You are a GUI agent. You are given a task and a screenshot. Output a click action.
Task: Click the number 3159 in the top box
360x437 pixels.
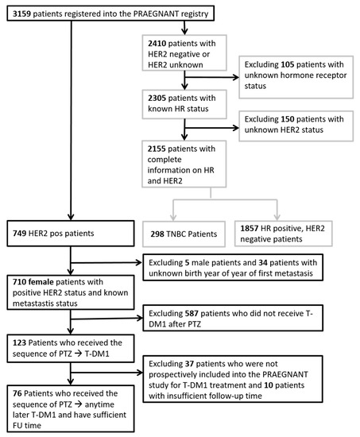coord(21,14)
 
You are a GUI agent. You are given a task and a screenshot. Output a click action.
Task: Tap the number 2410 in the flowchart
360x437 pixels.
coord(157,44)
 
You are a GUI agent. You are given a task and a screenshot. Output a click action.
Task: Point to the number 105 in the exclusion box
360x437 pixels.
coord(288,64)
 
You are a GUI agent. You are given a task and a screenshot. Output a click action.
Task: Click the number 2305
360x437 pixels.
coord(157,98)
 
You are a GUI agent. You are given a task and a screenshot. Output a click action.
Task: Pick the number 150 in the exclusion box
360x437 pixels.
coord(288,119)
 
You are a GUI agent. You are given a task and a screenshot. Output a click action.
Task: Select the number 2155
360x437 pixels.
coord(157,149)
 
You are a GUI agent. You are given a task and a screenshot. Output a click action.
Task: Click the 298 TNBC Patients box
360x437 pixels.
coord(184,234)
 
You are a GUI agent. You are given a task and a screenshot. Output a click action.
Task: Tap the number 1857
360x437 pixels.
coord(250,229)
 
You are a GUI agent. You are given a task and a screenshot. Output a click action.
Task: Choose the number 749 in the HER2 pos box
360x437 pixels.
coord(20,234)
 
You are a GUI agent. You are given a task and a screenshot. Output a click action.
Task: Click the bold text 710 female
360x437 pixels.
coord(33,282)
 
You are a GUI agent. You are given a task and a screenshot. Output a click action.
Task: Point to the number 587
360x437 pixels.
coord(192,314)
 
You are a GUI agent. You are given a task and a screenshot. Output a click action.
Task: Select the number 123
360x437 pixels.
coord(19,342)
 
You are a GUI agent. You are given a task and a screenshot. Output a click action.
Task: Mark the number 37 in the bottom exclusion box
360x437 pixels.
coord(189,364)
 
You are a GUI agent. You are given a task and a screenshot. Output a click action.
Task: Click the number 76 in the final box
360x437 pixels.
coord(17,393)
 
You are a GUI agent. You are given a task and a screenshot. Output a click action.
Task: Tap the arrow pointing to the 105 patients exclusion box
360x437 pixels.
coord(211,77)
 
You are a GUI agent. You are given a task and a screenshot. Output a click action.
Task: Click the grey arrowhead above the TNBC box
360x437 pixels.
coord(173,217)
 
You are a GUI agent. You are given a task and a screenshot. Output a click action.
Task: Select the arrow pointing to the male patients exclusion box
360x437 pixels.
coord(106,262)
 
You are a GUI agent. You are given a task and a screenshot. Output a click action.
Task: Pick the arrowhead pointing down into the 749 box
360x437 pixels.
coord(71,217)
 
